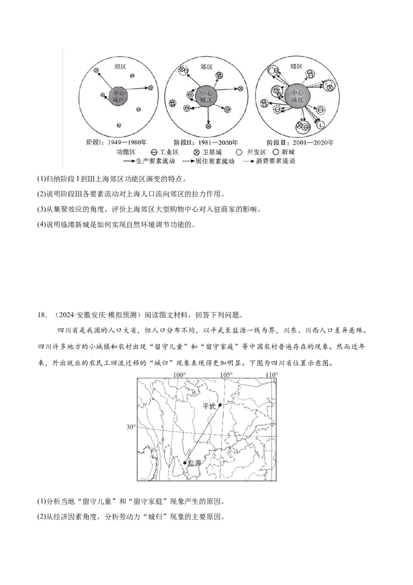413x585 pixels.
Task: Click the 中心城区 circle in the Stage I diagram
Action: pyautogui.click(x=119, y=97)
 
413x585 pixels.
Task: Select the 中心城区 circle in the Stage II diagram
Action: pyautogui.click(x=206, y=97)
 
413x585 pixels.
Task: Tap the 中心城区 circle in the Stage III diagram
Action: pyautogui.click(x=297, y=97)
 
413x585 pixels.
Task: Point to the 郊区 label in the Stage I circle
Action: pyautogui.click(x=120, y=67)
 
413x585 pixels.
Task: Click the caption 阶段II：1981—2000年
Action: pyautogui.click(x=205, y=142)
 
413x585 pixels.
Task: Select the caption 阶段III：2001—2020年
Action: pyautogui.click(x=300, y=142)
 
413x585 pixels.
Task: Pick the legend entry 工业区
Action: pyautogui.click(x=165, y=152)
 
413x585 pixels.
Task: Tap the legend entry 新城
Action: pyautogui.click(x=283, y=152)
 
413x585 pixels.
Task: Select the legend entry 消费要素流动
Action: pyautogui.click(x=269, y=161)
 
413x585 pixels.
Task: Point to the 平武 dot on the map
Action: pyautogui.click(x=220, y=405)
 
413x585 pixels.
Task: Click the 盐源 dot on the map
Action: pyautogui.click(x=185, y=463)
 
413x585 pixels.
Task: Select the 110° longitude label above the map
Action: pyautogui.click(x=272, y=375)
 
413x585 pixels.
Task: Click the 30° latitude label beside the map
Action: pyautogui.click(x=131, y=427)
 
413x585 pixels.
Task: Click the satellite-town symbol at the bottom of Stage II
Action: pyautogui.click(x=209, y=126)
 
